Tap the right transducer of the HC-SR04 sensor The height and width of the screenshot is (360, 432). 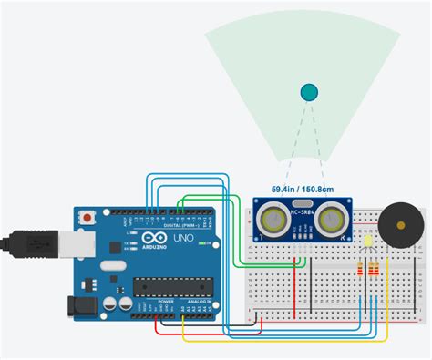pos(333,218)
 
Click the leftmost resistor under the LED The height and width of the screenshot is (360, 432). pos(363,270)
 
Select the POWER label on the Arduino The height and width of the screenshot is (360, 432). pos(165,302)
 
